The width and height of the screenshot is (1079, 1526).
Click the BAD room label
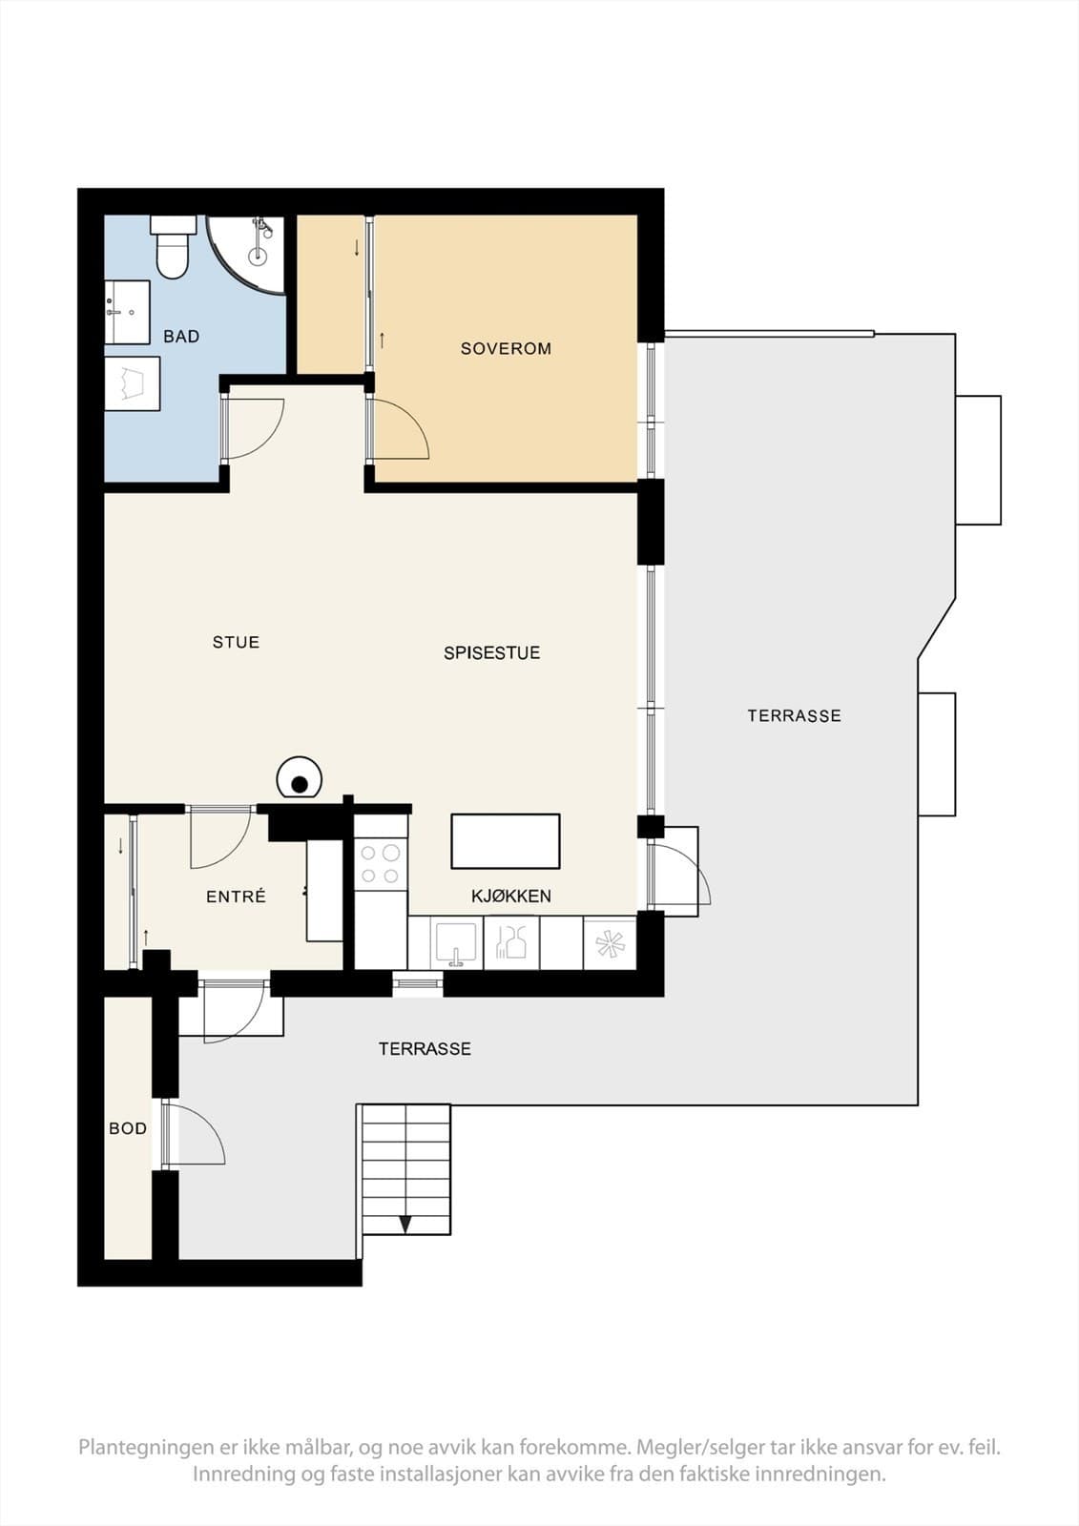click(x=181, y=337)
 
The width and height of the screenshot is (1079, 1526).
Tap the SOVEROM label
click(x=506, y=349)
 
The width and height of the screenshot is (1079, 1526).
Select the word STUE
click(x=236, y=643)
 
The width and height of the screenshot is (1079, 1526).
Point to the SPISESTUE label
click(x=491, y=653)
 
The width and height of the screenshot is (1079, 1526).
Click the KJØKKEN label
click(x=511, y=897)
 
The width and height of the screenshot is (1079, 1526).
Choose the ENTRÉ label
click(x=236, y=897)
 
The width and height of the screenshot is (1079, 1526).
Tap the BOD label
click(x=128, y=1129)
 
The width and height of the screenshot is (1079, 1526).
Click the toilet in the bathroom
click(x=173, y=247)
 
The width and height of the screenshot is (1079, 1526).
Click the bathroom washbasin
click(x=127, y=312)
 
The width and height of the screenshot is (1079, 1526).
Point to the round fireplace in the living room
click(x=300, y=777)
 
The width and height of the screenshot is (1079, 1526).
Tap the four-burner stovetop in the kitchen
click(x=381, y=864)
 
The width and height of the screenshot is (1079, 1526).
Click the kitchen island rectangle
click(x=505, y=841)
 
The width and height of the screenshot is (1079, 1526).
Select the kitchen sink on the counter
click(x=456, y=943)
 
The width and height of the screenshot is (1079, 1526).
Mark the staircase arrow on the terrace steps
click(x=405, y=1225)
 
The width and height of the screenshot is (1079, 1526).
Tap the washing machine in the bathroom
click(x=133, y=384)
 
